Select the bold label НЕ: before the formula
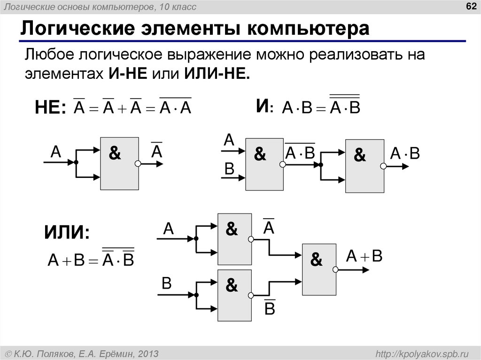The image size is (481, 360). (51, 108)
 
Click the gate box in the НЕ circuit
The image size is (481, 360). (120, 163)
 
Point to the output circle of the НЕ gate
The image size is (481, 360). (138, 164)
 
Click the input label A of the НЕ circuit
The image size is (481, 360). (56, 151)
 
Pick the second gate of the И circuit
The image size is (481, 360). (365, 166)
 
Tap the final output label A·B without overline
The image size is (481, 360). (404, 154)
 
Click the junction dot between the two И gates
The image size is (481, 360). (321, 165)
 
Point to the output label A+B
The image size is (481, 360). (365, 256)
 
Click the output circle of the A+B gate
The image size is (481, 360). (335, 269)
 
